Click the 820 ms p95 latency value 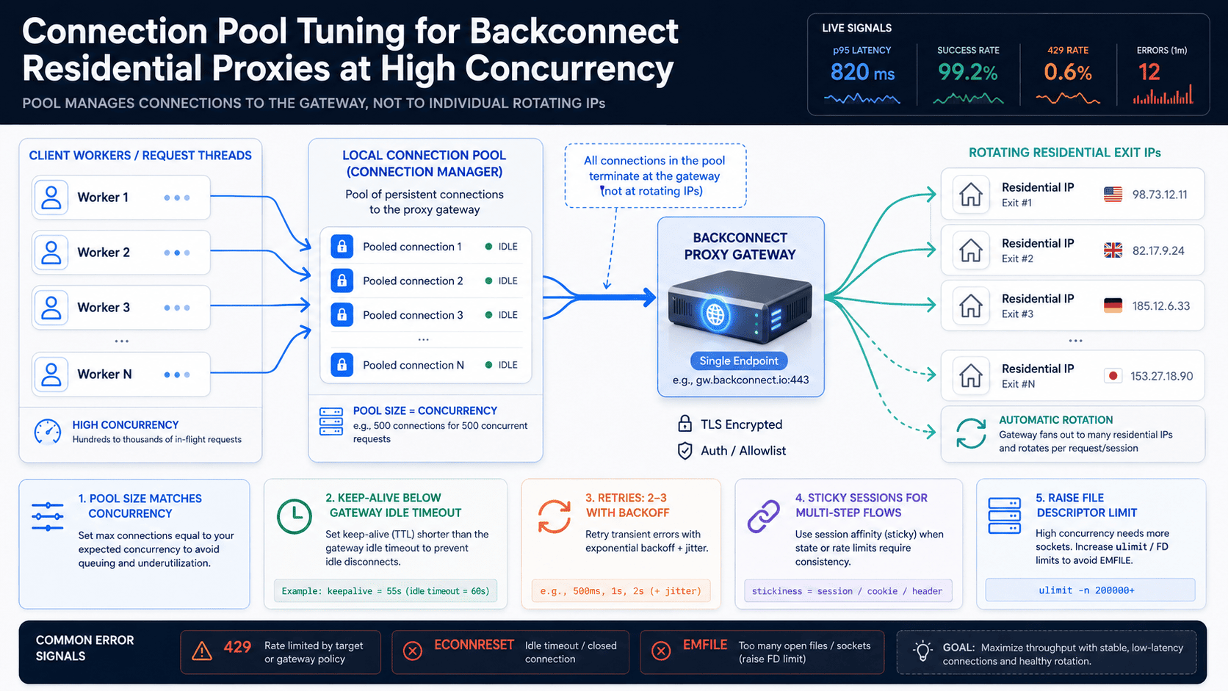(x=862, y=72)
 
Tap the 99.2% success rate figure (x=967, y=72)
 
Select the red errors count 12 (x=1149, y=72)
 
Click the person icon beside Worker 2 (x=51, y=252)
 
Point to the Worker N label (x=104, y=374)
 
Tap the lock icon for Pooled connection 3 (x=342, y=314)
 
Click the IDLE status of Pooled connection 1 (x=508, y=247)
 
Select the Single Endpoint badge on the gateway (x=738, y=361)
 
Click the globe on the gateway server (x=715, y=314)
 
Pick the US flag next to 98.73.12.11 (x=1113, y=195)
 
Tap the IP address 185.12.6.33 (x=1160, y=305)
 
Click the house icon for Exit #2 (x=970, y=250)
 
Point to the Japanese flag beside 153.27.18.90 (x=1113, y=376)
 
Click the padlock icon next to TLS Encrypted (x=685, y=424)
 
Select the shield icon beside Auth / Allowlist (x=685, y=450)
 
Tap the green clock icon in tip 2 (x=294, y=515)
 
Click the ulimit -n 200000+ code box (x=1090, y=590)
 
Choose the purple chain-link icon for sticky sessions (x=763, y=515)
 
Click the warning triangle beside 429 (x=202, y=651)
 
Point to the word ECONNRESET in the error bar (x=474, y=645)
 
